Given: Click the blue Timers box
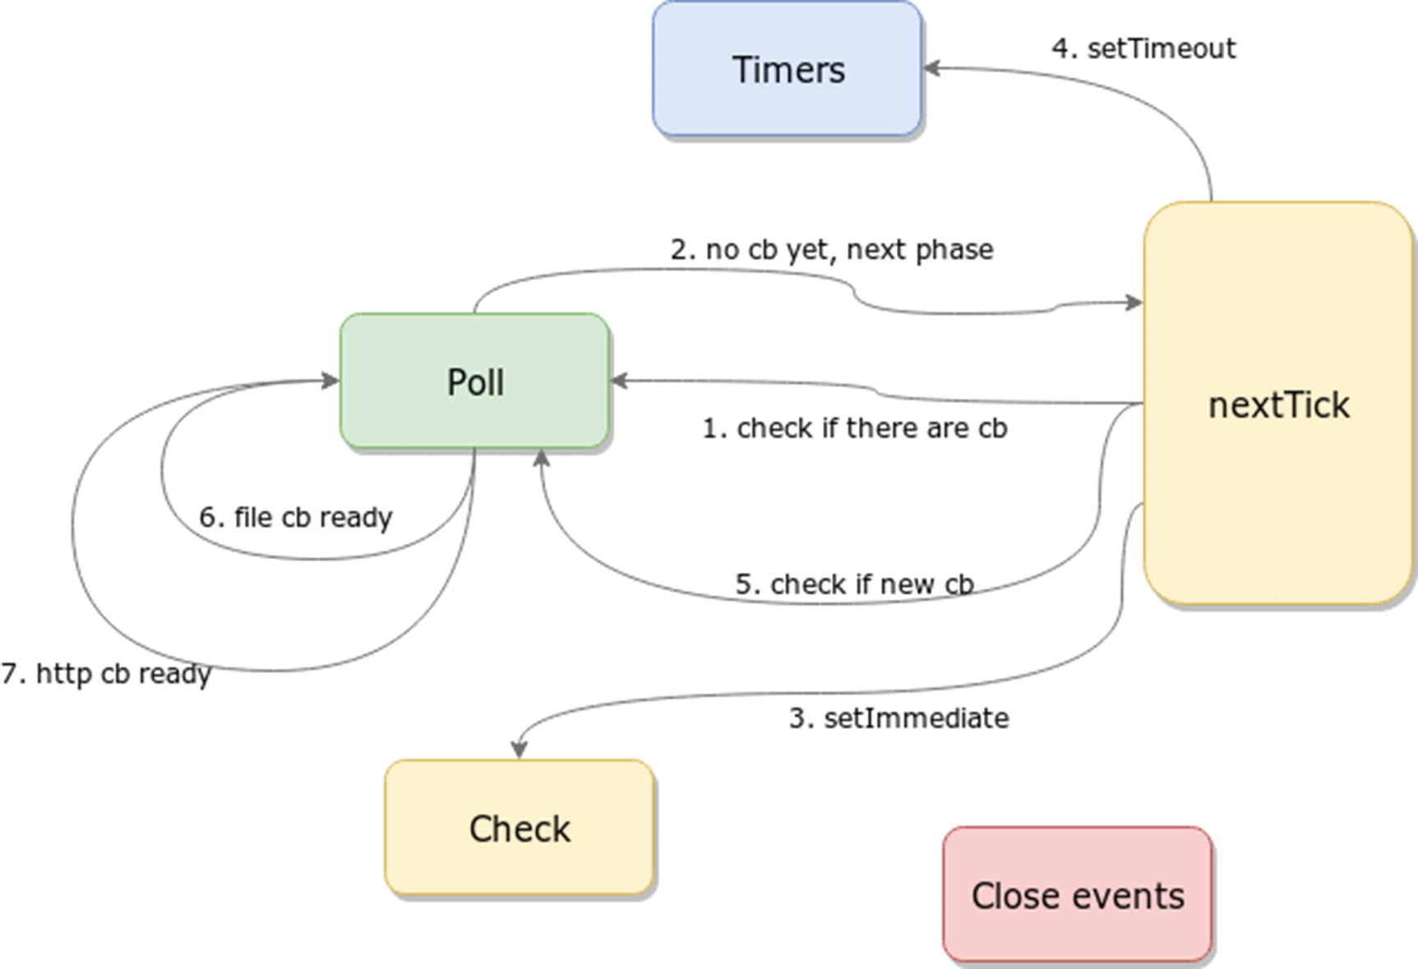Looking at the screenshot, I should tap(787, 69).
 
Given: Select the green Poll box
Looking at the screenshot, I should tap(474, 381).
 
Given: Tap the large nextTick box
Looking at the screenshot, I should tap(1278, 404).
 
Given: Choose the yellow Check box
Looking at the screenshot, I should tap(519, 828).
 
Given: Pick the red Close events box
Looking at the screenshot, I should tap(1077, 895).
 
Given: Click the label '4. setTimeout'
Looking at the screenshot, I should tap(1143, 48).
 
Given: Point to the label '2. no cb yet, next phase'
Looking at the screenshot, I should tap(832, 249).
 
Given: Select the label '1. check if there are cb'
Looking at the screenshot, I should tap(854, 428).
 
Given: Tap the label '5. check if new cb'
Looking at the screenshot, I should tap(854, 584).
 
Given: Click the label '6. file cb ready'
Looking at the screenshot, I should tap(296, 518).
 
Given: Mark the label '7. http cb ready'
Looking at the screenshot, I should tap(106, 674).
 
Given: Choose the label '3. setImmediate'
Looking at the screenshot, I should tap(898, 718).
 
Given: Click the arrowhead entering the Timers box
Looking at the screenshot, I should tap(932, 68).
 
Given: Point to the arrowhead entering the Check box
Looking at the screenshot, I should tap(519, 750).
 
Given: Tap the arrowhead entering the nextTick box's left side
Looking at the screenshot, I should tap(1134, 302).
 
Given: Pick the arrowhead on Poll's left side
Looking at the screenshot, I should tap(330, 380).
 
